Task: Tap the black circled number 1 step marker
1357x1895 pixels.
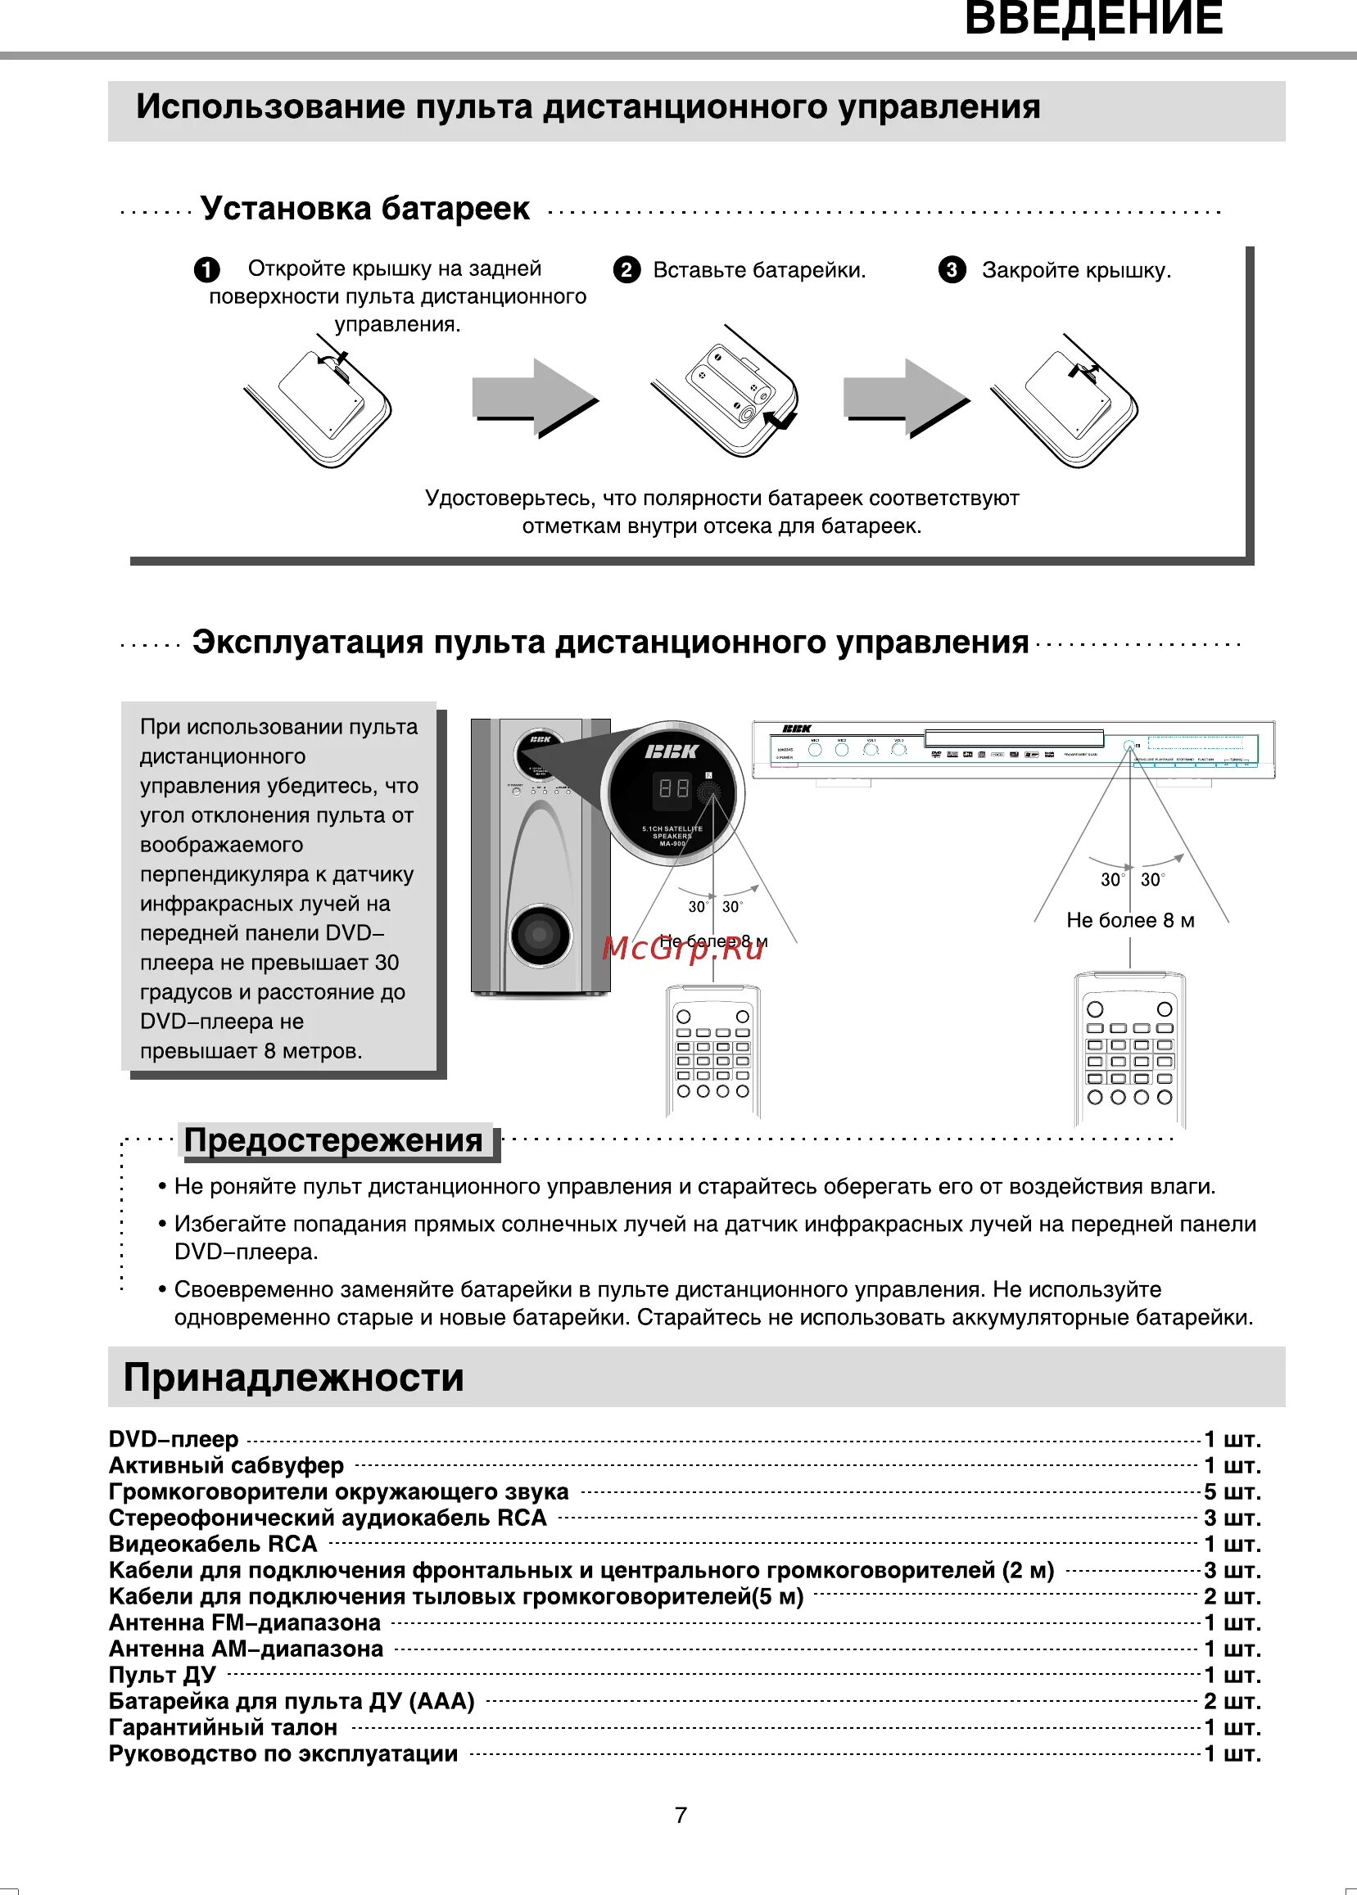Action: tap(207, 270)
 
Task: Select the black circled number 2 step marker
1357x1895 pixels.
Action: tap(626, 270)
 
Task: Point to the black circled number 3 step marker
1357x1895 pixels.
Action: tap(952, 270)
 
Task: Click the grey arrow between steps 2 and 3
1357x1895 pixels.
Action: tap(906, 398)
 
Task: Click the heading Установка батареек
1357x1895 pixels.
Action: tap(364, 209)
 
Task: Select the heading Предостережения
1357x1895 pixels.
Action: tap(333, 1141)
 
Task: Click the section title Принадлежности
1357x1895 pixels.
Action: tap(293, 1377)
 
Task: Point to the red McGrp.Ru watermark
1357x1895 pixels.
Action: tap(683, 948)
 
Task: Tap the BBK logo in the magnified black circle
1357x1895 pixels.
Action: tap(672, 751)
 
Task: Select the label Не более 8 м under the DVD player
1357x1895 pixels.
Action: tap(1129, 920)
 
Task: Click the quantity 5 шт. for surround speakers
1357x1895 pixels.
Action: tap(1232, 1491)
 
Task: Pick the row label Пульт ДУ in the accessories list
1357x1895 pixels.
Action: tap(162, 1675)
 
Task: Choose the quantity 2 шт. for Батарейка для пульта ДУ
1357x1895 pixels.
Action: tap(1232, 1701)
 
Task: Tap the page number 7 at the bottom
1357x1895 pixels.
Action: tap(681, 1815)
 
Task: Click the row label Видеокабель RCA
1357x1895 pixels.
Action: tap(213, 1544)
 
